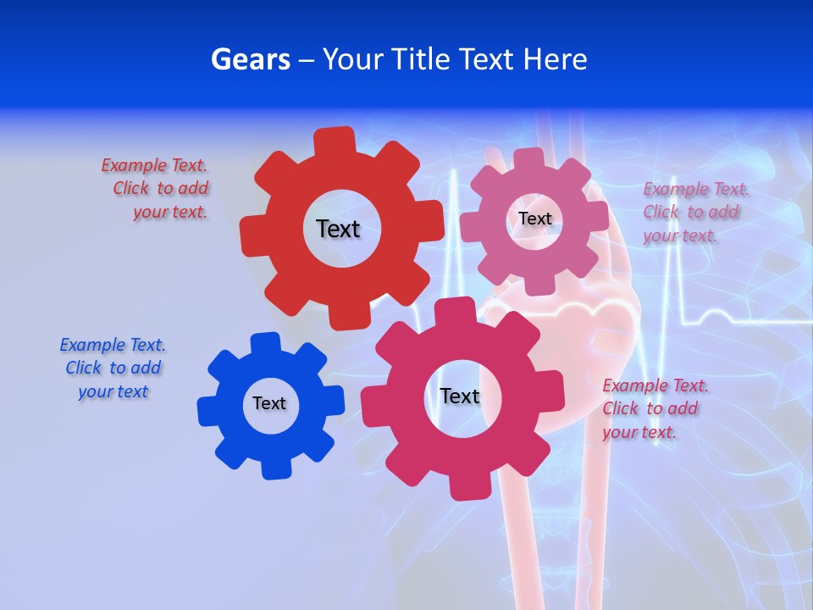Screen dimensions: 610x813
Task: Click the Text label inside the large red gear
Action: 338,229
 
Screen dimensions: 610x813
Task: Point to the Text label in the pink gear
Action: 534,219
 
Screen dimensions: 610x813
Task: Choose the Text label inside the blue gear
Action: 269,403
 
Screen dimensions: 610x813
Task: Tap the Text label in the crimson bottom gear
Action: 460,396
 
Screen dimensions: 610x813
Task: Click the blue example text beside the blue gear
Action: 113,369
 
